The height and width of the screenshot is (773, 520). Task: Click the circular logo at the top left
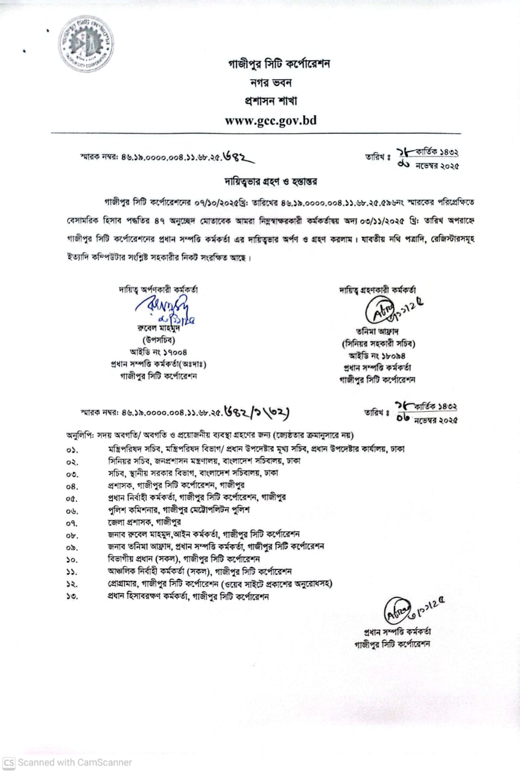pyautogui.click(x=86, y=43)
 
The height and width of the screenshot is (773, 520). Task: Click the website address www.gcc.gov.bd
pyautogui.click(x=270, y=120)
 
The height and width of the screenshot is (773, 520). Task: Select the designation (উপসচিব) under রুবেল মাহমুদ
pyautogui.click(x=159, y=340)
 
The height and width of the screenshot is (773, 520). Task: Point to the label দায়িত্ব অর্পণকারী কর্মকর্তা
pyautogui.click(x=158, y=289)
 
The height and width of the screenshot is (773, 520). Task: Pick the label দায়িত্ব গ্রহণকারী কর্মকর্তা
pyautogui.click(x=378, y=290)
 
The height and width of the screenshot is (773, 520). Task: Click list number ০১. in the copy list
pyautogui.click(x=72, y=449)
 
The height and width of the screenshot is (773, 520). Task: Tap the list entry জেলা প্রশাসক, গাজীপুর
pyautogui.click(x=145, y=522)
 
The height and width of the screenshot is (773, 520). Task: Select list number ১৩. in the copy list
pyautogui.click(x=72, y=597)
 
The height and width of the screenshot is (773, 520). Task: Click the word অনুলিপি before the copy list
pyautogui.click(x=79, y=435)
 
